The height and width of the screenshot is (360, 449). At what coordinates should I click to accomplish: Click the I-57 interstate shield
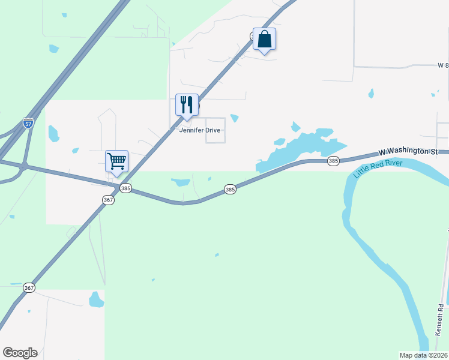click(28, 123)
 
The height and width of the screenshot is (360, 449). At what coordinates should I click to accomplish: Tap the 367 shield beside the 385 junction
click(108, 200)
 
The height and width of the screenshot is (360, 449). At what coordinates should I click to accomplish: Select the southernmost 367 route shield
click(29, 288)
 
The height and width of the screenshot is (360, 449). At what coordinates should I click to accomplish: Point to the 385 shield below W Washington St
click(334, 161)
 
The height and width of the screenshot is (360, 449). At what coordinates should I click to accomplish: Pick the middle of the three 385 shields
click(230, 189)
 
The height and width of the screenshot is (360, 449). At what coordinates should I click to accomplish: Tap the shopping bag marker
click(264, 40)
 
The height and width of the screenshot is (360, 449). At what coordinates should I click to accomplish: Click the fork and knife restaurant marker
click(187, 105)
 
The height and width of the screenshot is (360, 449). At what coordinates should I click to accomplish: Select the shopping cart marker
click(116, 160)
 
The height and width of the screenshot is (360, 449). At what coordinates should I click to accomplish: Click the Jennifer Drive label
click(200, 130)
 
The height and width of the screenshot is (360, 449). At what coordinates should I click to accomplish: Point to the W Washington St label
click(408, 152)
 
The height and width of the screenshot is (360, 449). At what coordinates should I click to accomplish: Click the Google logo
click(20, 353)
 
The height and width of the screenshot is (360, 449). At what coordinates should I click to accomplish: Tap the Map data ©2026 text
click(423, 355)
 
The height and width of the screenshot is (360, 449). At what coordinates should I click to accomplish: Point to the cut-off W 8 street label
click(443, 65)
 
